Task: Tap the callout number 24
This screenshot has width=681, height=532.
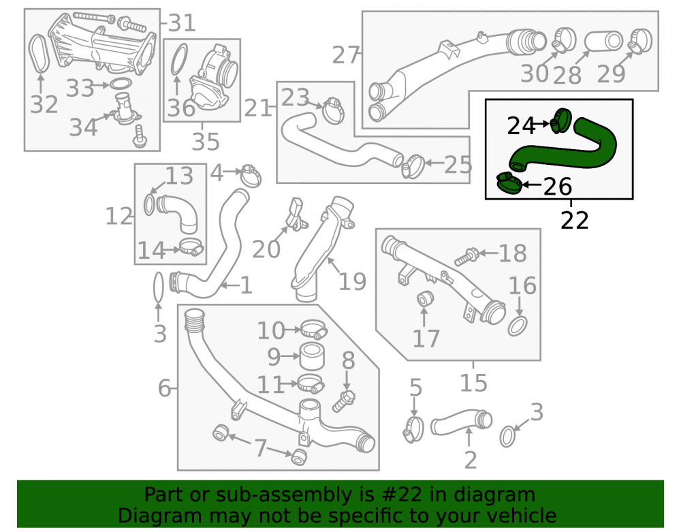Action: [521, 126]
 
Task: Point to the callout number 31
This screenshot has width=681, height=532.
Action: [182, 22]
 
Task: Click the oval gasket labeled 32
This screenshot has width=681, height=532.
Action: [39, 53]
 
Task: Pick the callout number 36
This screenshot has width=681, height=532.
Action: [181, 108]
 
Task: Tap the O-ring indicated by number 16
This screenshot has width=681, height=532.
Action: [518, 326]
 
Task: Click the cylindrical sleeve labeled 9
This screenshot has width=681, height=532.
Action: [311, 356]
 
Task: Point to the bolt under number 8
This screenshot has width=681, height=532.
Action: [344, 401]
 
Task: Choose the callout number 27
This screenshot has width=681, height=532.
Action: [346, 55]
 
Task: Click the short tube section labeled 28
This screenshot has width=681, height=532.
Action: [603, 42]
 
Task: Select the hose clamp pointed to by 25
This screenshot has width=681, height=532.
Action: [413, 166]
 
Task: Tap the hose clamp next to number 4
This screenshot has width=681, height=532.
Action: [251, 175]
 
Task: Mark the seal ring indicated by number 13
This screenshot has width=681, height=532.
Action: [148, 204]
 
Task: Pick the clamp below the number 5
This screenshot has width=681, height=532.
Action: [413, 430]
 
